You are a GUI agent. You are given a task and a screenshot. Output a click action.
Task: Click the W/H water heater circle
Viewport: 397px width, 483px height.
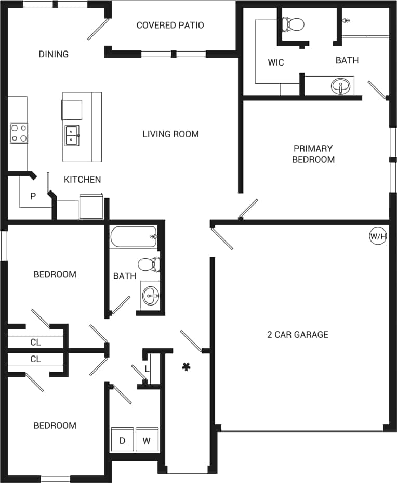click(378, 236)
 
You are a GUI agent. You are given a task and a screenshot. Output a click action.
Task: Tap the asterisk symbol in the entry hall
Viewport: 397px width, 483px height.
click(186, 367)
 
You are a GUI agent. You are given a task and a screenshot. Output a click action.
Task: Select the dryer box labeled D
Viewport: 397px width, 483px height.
click(123, 440)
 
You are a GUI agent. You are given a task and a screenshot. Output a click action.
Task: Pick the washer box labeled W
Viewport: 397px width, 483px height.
click(147, 440)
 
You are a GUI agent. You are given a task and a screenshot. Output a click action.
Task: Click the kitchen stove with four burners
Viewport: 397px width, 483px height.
click(19, 133)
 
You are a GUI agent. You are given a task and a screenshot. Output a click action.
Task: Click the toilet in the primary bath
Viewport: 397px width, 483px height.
click(292, 23)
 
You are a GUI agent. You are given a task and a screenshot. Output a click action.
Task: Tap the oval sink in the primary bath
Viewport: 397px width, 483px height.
click(341, 86)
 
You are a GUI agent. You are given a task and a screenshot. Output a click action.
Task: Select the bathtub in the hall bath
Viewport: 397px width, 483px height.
click(134, 237)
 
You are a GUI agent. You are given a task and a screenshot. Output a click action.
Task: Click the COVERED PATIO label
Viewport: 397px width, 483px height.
click(170, 25)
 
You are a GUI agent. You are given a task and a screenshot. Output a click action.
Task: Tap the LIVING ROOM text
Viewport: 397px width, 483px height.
click(170, 134)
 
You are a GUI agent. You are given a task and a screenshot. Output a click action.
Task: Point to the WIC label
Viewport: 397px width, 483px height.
click(276, 62)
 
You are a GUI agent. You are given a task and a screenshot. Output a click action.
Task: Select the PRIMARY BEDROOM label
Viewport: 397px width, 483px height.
click(313, 154)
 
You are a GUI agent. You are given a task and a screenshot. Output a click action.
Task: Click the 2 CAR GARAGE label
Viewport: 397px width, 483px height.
click(298, 335)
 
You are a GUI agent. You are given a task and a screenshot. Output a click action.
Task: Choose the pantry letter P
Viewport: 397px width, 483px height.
click(33, 196)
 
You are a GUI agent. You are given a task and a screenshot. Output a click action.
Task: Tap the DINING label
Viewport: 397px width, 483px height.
click(54, 54)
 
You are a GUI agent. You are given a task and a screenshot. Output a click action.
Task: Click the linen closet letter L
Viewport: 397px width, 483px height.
click(147, 368)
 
